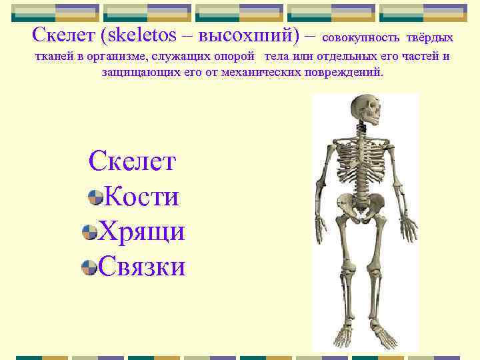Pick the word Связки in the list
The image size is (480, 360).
(x=141, y=267)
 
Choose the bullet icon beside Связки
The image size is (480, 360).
(x=88, y=268)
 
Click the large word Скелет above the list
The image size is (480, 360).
(x=133, y=161)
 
